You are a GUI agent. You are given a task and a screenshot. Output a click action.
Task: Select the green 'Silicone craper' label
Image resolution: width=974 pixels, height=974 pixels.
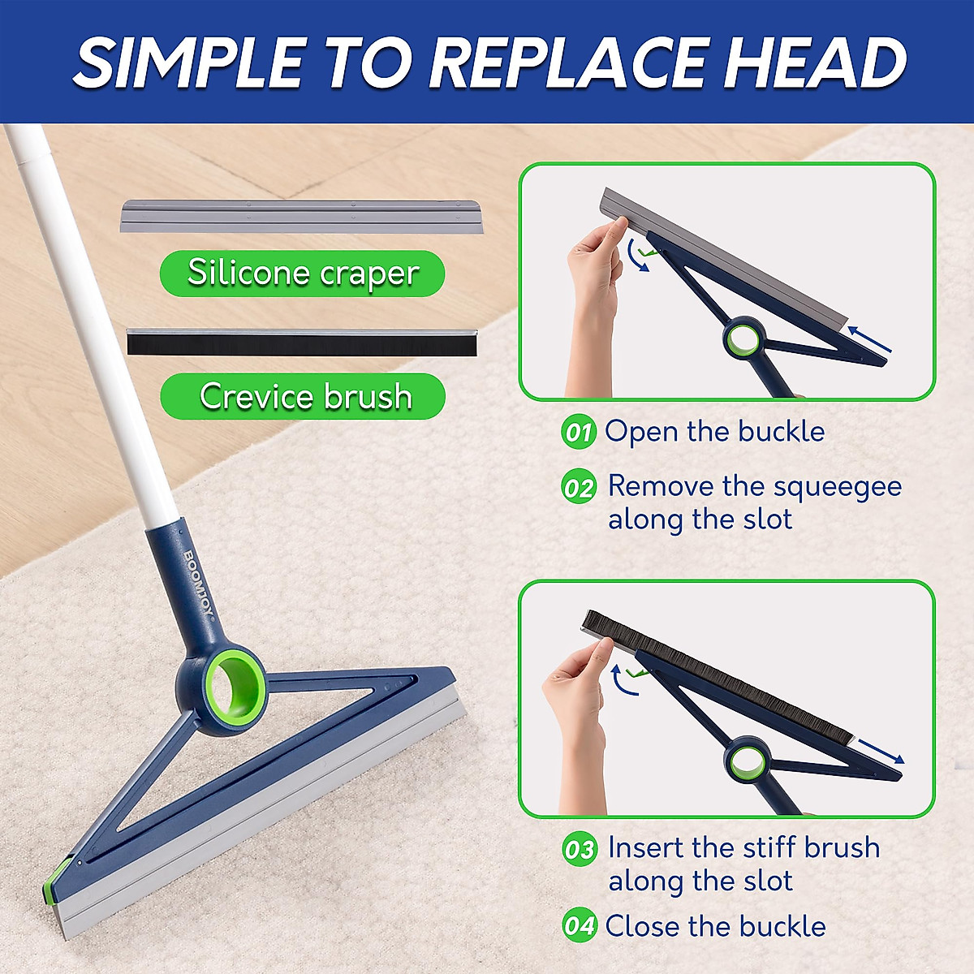(302, 273)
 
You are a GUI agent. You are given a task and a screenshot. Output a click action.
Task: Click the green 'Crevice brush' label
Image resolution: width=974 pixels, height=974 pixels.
(304, 397)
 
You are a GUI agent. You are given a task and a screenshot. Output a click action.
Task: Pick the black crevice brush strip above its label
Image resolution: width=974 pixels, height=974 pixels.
(302, 342)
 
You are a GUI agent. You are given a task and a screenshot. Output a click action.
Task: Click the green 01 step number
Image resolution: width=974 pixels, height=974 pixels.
(579, 432)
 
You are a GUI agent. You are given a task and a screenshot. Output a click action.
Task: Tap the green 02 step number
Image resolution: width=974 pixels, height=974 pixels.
(579, 488)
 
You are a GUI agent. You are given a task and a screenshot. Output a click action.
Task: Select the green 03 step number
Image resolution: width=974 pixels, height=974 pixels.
(580, 849)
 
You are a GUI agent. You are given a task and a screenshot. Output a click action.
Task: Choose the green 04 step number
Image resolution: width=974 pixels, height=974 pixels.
(580, 926)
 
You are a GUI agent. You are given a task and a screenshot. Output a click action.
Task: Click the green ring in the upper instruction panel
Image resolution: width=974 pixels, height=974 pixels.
(743, 338)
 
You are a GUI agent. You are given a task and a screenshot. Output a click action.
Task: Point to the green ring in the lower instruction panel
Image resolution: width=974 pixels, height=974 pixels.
(746, 761)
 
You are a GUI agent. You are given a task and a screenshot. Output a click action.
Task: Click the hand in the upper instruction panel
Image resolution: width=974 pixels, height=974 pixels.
(593, 300)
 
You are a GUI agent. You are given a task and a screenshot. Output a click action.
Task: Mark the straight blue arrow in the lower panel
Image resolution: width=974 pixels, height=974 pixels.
(881, 751)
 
